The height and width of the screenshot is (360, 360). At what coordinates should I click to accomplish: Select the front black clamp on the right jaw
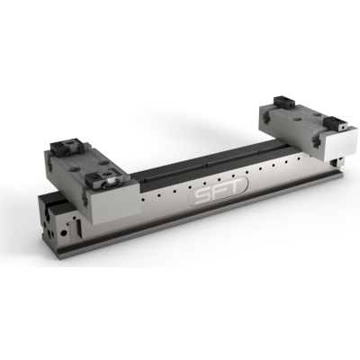click(336, 123)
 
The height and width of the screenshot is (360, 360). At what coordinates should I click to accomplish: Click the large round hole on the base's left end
click(63, 233)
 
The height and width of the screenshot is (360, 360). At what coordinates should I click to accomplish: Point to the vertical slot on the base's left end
click(78, 228)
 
